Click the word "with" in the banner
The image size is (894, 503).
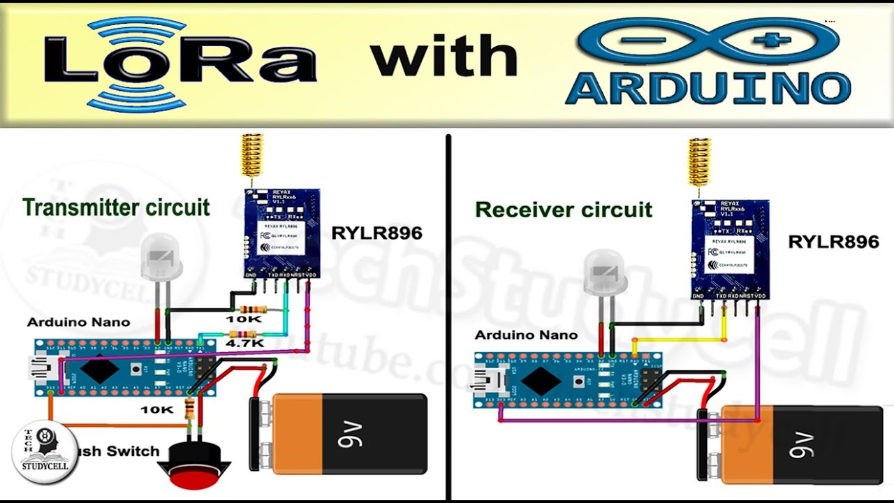[444, 56]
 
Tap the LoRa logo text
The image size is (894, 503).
[180, 61]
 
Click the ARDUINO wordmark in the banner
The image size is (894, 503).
[708, 88]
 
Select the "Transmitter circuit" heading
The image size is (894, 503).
[116, 207]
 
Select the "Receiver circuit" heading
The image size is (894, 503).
[564, 210]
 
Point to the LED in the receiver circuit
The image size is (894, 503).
[606, 273]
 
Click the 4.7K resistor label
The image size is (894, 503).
[244, 343]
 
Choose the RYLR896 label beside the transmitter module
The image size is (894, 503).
[376, 233]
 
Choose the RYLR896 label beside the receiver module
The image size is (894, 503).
[833, 242]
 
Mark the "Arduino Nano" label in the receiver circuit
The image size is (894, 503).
[526, 335]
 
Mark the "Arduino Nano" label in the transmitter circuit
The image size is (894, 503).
[78, 322]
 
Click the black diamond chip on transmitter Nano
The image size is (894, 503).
[99, 368]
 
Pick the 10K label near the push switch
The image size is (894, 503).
[156, 409]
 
